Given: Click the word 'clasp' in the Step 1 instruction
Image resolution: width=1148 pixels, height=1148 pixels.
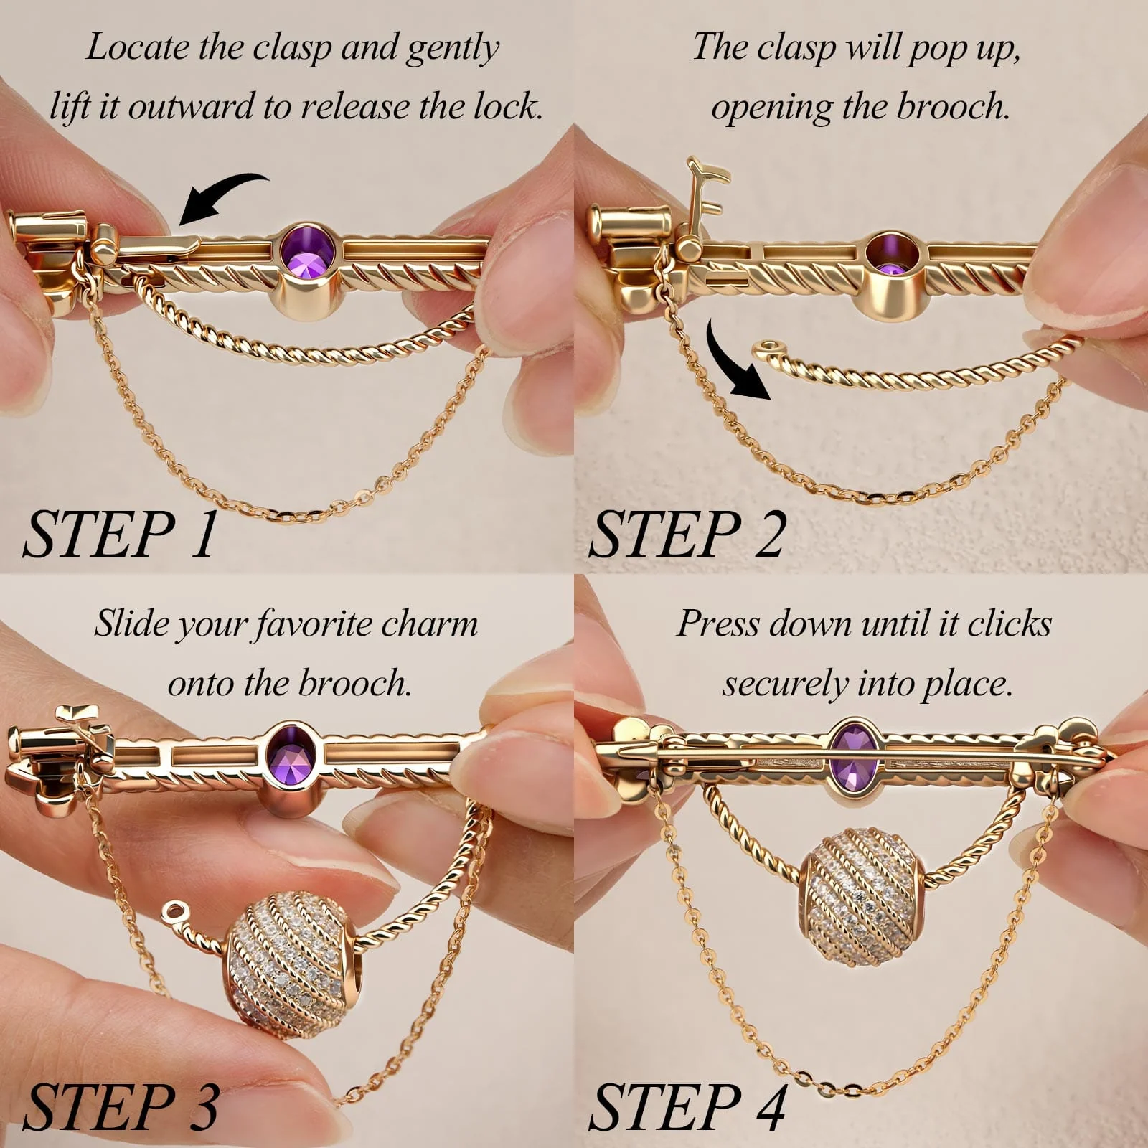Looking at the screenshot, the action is point(293,47).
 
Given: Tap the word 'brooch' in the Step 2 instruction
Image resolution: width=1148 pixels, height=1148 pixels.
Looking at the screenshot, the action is point(953,107).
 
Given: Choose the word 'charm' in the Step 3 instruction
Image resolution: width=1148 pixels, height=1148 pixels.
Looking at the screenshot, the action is point(429,624).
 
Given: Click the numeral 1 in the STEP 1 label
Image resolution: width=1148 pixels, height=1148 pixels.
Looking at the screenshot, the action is point(204,534).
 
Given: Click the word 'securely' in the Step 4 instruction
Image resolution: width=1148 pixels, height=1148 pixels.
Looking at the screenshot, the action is point(784,684).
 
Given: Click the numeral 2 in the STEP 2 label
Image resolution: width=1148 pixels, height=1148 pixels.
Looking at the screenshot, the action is point(768,534).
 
